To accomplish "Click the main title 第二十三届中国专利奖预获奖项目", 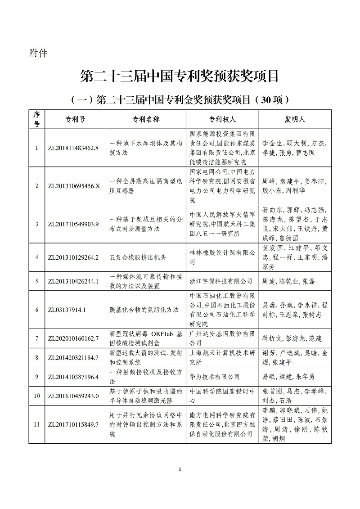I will tap(180, 76).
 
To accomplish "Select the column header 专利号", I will tap(75, 119).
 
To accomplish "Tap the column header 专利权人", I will tap(222, 119).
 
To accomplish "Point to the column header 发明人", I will tap(295, 119).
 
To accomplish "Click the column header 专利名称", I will tap(146, 119).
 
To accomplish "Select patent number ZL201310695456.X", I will tap(75, 186).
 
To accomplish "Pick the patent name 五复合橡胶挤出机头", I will tap(138, 257).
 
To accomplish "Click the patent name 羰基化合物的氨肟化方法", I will tap(144, 310).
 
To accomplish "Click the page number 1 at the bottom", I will tap(180, 470).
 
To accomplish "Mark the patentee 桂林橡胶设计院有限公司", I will tap(222, 257).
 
